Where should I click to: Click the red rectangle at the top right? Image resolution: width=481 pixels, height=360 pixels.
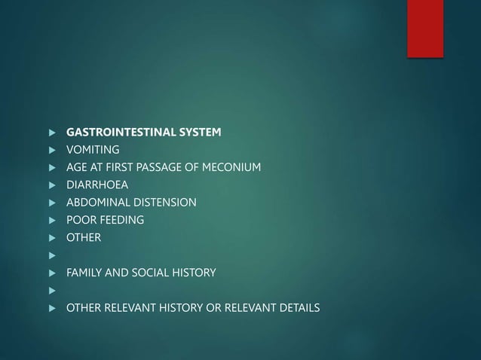(425, 28)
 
